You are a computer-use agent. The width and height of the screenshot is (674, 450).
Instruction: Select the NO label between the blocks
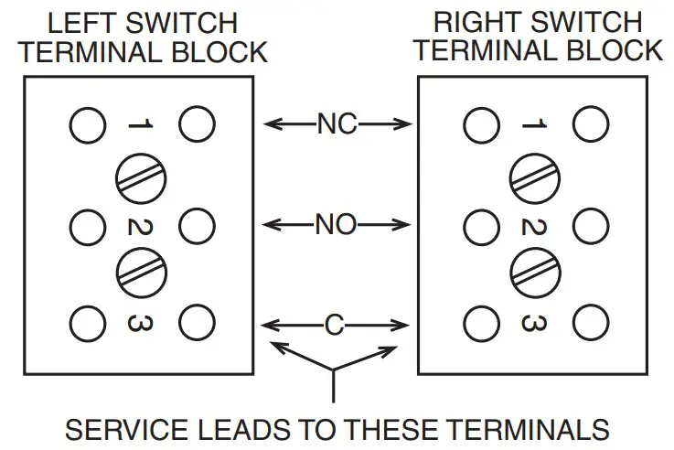(x=336, y=224)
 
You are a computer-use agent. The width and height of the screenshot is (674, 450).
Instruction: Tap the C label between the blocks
(x=336, y=324)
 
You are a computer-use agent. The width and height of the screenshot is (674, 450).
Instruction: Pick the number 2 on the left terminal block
(x=142, y=223)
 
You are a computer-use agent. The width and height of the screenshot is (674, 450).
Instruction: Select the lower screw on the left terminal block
(x=142, y=272)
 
